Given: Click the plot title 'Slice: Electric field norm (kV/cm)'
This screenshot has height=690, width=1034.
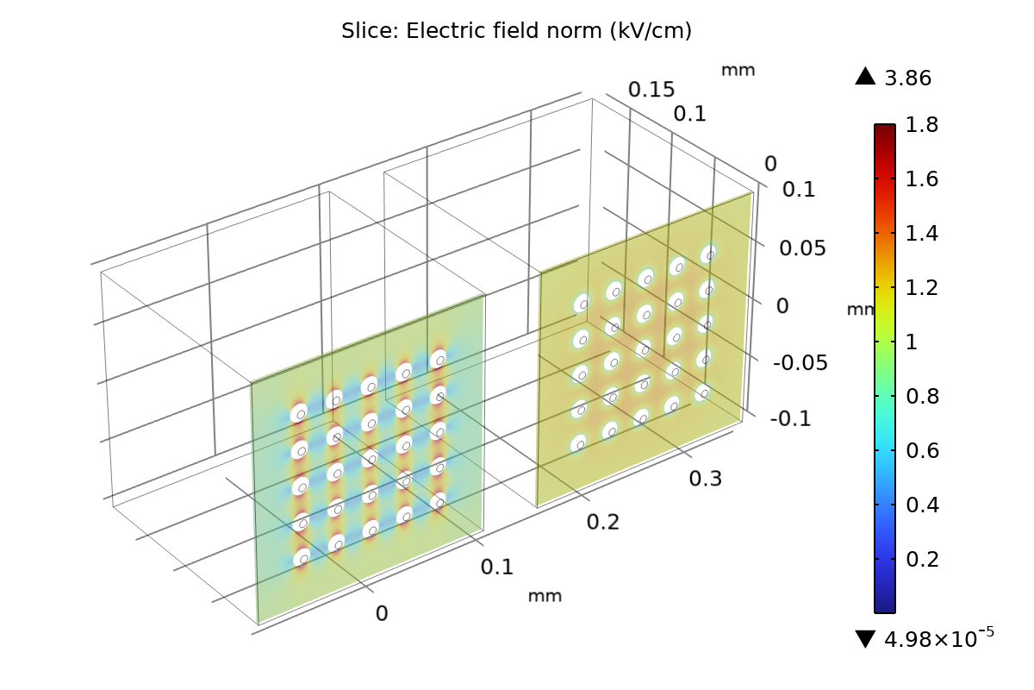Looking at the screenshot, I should pyautogui.click(x=516, y=31).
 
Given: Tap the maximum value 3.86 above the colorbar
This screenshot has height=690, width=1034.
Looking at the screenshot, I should pyautogui.click(x=907, y=78).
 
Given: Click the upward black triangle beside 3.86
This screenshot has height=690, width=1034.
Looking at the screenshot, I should pyautogui.click(x=865, y=77).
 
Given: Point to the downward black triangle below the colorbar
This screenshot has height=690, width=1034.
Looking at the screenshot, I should pyautogui.click(x=865, y=639).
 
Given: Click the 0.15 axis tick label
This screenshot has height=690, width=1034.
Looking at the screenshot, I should pyautogui.click(x=651, y=90).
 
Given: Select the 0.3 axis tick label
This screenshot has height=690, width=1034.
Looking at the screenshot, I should pyautogui.click(x=705, y=479).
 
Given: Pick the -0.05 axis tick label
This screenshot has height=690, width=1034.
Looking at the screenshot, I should pyautogui.click(x=800, y=363).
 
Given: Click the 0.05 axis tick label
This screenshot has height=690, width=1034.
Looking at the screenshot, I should pyautogui.click(x=802, y=248).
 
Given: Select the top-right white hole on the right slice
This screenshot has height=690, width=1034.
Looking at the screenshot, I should pyautogui.click(x=708, y=254).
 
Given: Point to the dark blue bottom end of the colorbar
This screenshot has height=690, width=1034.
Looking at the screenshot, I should pyautogui.click(x=885, y=605).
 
